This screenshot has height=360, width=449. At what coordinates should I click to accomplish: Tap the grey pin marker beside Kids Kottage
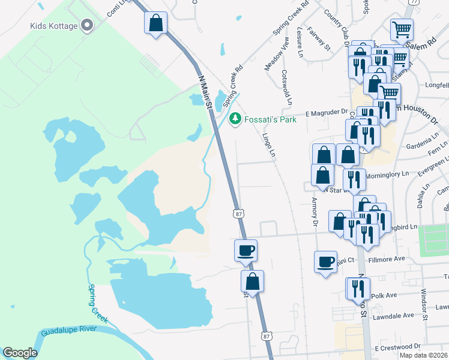point(88,25)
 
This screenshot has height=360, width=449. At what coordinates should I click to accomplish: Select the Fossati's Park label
point(270,119)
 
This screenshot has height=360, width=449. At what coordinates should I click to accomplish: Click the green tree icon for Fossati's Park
point(236,119)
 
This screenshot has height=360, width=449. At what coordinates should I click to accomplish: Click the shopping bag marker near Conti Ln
point(155,23)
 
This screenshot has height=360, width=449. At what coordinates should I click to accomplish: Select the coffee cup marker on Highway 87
point(245,250)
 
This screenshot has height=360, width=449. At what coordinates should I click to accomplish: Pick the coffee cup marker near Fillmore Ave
point(325,262)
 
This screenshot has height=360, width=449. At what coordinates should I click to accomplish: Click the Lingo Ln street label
point(268,144)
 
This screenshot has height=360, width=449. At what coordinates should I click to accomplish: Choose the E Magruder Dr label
point(326,112)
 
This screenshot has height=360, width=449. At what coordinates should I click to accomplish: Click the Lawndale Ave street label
point(393,316)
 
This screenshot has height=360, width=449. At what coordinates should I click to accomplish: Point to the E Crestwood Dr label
point(397,347)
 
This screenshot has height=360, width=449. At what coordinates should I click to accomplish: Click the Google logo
point(19,353)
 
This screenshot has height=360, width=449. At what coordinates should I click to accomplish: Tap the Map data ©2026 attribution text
point(423,355)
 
